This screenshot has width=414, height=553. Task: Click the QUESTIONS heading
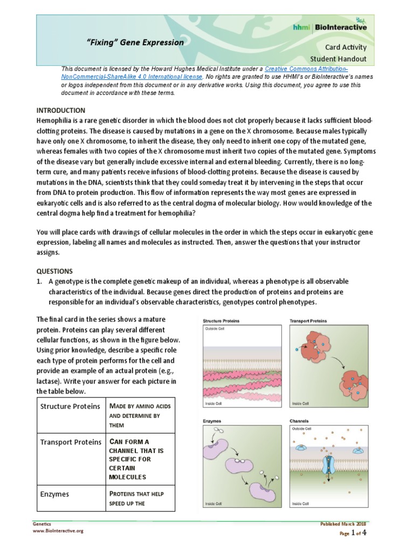(x=54, y=271)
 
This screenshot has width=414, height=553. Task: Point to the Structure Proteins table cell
(x=70, y=406)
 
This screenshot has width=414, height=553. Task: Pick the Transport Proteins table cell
(x=71, y=442)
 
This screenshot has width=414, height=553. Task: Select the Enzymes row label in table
(x=54, y=494)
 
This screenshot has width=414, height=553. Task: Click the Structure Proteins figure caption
(x=221, y=321)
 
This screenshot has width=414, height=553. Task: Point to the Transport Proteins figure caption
(x=308, y=321)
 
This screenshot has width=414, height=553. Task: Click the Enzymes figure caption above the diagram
(x=212, y=420)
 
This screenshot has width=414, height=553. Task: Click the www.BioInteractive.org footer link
(x=58, y=531)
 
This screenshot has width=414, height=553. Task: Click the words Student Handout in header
(x=338, y=58)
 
